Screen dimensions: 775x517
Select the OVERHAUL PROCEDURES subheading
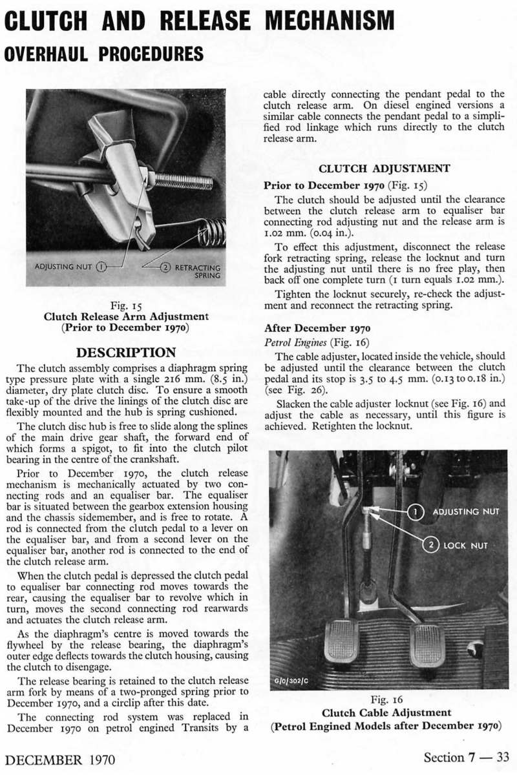coord(103,52)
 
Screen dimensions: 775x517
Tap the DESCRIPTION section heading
coord(126,353)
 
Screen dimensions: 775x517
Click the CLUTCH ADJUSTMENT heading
coord(385,169)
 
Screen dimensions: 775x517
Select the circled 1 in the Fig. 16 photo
coord(417,512)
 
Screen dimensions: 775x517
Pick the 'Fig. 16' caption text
coord(385,700)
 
